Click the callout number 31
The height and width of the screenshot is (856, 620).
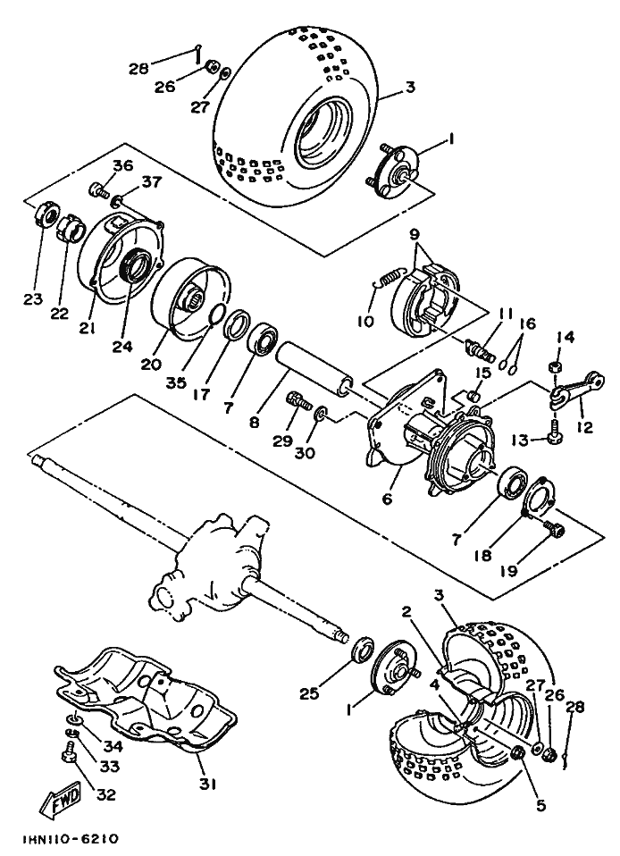coord(208,785)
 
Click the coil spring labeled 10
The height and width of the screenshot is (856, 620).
coord(387,281)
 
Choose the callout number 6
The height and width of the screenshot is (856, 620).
coord(387,499)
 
